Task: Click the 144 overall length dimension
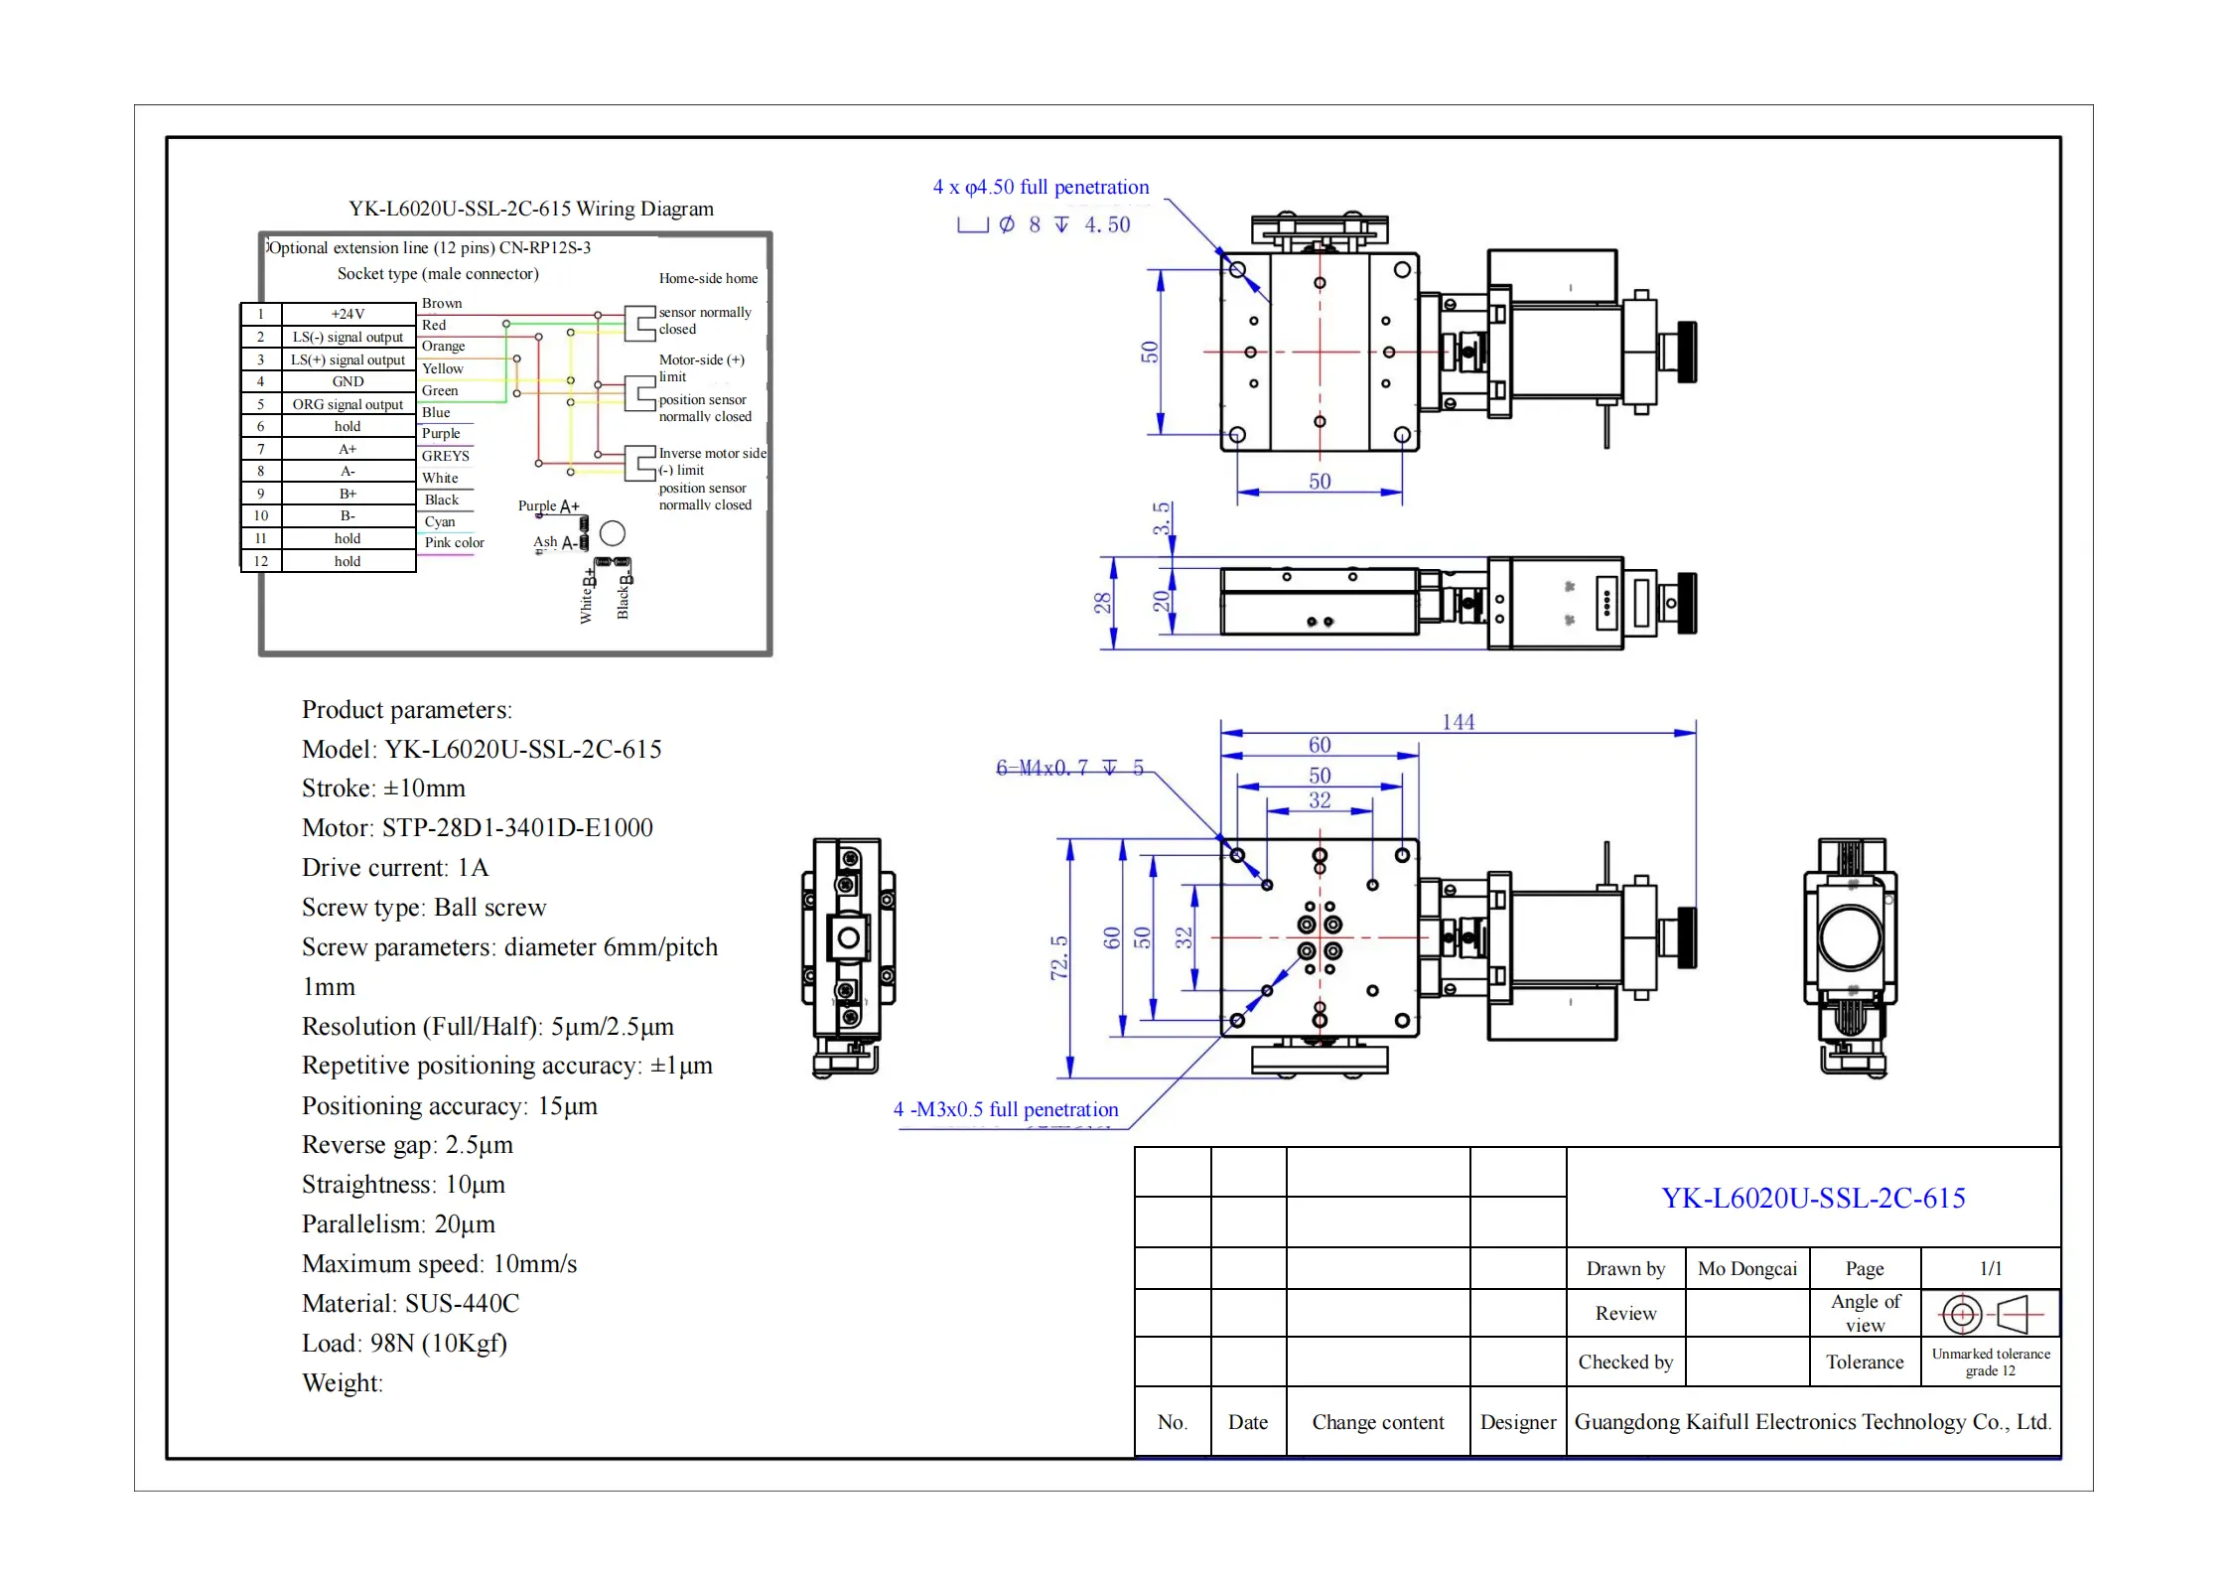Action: [x=1458, y=722]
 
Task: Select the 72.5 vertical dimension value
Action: [x=1059, y=957]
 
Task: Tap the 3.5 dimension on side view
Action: [x=1162, y=518]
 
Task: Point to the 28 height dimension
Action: [x=1102, y=603]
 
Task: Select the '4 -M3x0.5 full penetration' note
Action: [x=1006, y=1109]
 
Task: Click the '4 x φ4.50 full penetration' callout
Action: [x=1041, y=187]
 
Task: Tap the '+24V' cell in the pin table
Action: [x=348, y=314]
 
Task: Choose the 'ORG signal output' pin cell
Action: [x=348, y=404]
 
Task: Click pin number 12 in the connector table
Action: [x=261, y=561]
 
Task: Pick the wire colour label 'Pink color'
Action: [x=454, y=542]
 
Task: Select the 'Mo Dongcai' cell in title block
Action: [x=1746, y=1268]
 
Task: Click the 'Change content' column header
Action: [x=1377, y=1422]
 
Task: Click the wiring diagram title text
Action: [x=531, y=209]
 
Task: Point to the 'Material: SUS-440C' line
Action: [x=410, y=1303]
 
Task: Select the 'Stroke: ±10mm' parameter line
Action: [x=383, y=788]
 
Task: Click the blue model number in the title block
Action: [x=1813, y=1198]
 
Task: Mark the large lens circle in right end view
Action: [x=1850, y=937]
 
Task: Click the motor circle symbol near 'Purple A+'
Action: [x=613, y=533]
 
